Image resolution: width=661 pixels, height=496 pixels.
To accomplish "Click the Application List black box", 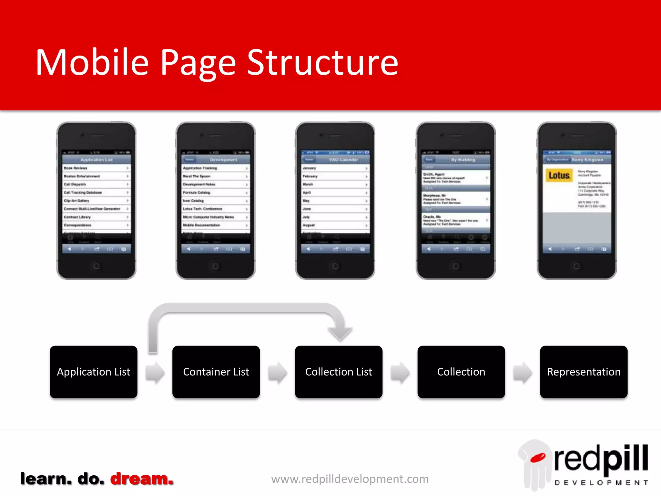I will [94, 372].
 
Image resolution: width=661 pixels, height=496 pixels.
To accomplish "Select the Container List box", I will [216, 372].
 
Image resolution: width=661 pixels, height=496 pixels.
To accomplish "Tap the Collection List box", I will [339, 372].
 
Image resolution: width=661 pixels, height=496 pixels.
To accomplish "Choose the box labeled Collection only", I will [461, 372].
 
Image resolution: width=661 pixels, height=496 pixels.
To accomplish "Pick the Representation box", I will [584, 372].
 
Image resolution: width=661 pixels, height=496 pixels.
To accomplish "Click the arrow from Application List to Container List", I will [155, 372].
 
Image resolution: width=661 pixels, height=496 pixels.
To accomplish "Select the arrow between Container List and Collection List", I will [277, 372].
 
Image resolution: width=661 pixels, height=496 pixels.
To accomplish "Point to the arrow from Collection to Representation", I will [523, 372].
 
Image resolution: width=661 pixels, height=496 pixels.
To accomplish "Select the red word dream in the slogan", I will [142, 479].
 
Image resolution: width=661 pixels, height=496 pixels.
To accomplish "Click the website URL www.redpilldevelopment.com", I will [350, 479].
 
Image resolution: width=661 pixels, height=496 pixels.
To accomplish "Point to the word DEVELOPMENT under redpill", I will [601, 483].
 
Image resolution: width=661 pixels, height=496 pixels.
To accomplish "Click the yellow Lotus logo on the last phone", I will [559, 175].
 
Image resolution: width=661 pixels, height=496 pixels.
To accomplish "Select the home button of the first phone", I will [96, 266].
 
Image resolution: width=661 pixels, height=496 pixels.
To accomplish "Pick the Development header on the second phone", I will [223, 160].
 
